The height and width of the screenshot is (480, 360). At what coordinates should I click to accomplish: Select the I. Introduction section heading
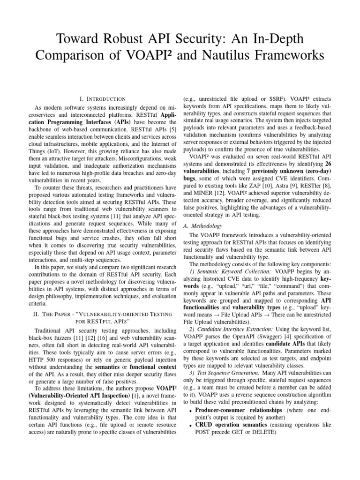coord(102,99)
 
